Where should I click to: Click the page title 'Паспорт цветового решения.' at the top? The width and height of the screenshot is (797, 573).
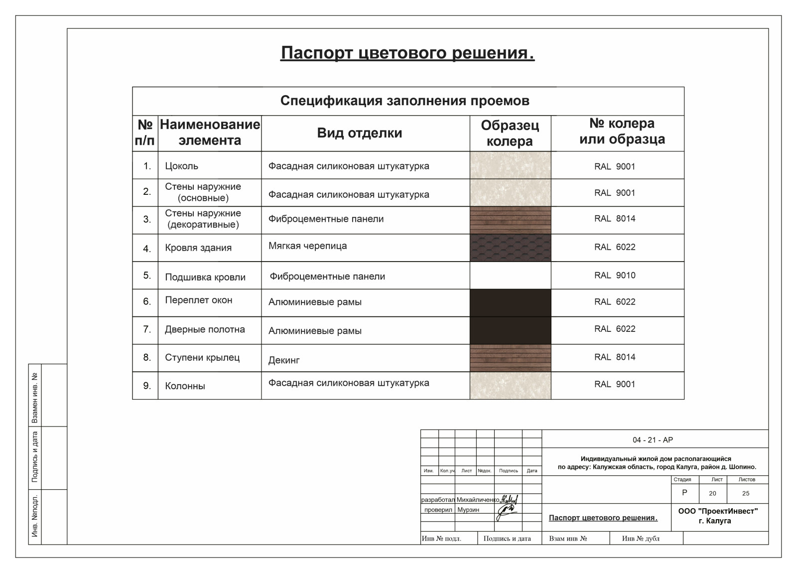pyautogui.click(x=407, y=53)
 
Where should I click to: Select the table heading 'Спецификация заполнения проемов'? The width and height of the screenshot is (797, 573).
pyautogui.click(x=404, y=101)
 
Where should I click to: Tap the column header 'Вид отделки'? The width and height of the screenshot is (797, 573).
pyautogui.click(x=359, y=133)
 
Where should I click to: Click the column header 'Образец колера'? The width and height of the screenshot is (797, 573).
pyautogui.click(x=510, y=134)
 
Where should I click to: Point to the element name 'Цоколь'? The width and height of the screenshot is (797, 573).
pyautogui.click(x=181, y=166)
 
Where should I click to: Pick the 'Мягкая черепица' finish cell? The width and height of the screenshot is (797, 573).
pyautogui.click(x=307, y=246)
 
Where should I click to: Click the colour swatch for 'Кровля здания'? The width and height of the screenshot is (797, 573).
pyautogui.click(x=510, y=248)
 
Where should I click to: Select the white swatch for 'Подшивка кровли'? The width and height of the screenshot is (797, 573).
pyautogui.click(x=510, y=276)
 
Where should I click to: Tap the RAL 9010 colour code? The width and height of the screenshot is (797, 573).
pyautogui.click(x=615, y=275)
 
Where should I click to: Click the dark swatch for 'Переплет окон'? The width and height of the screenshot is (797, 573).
pyautogui.click(x=510, y=302)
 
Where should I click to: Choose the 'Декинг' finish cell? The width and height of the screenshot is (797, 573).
pyautogui.click(x=284, y=360)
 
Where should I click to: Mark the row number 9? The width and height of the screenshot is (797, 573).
pyautogui.click(x=147, y=386)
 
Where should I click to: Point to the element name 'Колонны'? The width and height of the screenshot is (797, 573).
pyautogui.click(x=185, y=386)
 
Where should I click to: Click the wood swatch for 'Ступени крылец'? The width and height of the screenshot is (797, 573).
pyautogui.click(x=510, y=358)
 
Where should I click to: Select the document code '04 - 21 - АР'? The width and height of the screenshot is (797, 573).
pyautogui.click(x=653, y=440)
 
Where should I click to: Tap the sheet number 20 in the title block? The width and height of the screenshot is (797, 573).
pyautogui.click(x=712, y=493)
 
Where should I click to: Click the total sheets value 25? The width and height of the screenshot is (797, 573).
pyautogui.click(x=746, y=493)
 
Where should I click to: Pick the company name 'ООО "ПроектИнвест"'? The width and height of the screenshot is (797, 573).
pyautogui.click(x=718, y=511)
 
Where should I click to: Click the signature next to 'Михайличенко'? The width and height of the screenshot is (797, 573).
pyautogui.click(x=509, y=499)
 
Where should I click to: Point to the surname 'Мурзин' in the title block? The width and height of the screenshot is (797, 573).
pyautogui.click(x=468, y=510)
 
